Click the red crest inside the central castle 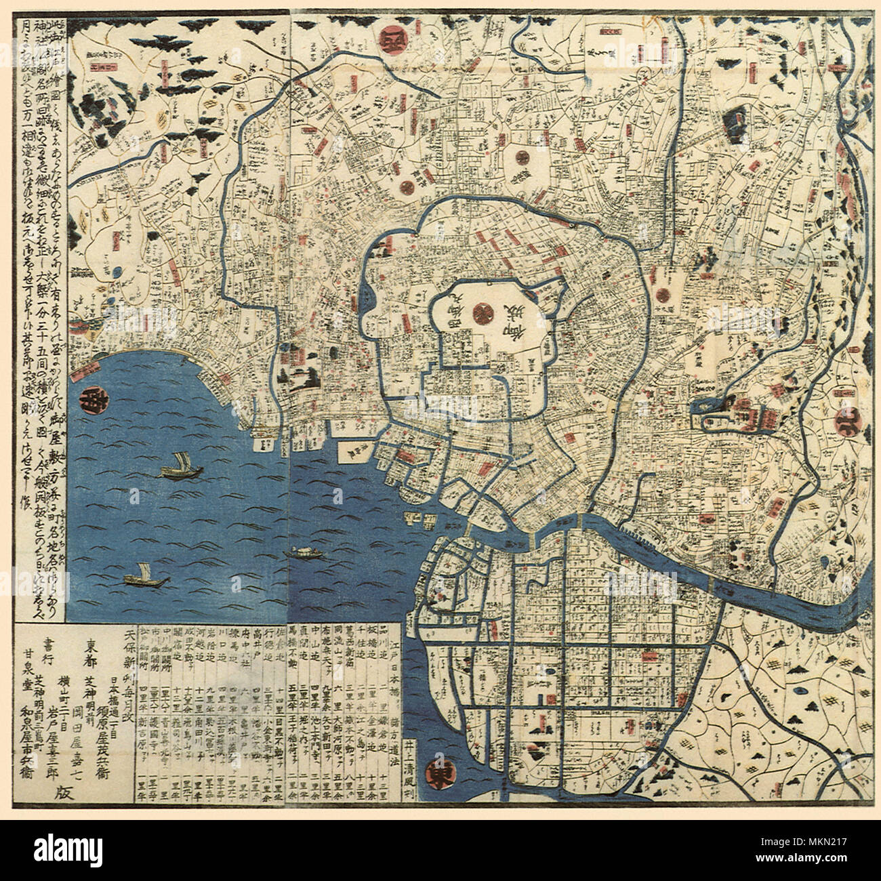[x=483, y=312]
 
